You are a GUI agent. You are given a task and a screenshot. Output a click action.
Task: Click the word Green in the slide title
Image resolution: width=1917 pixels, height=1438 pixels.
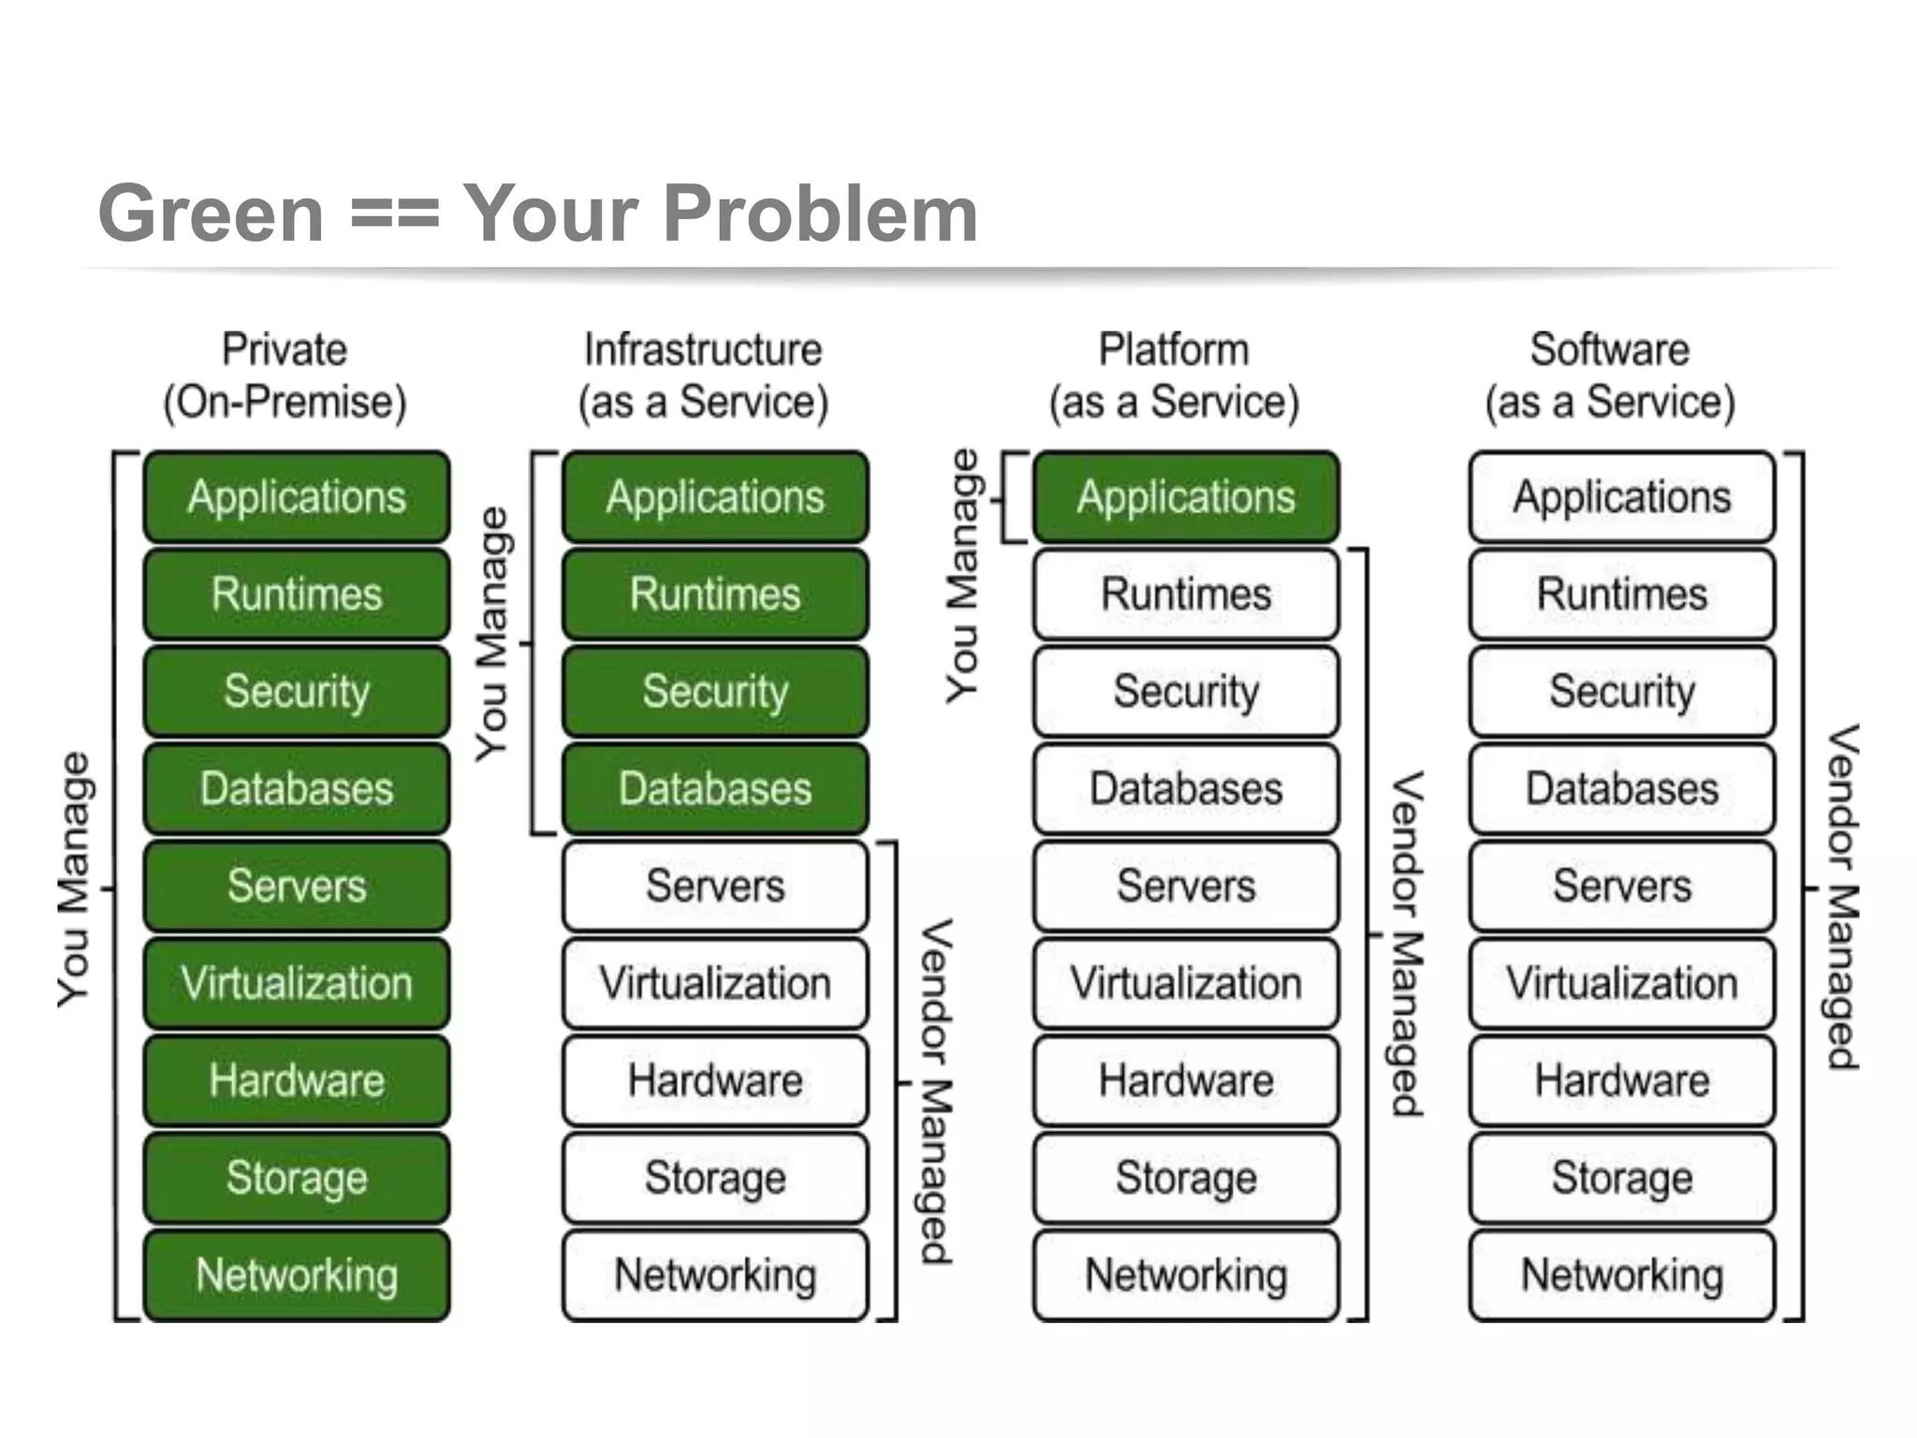[212, 214]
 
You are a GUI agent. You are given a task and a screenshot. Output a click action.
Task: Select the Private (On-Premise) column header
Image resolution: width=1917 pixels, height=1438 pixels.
[285, 375]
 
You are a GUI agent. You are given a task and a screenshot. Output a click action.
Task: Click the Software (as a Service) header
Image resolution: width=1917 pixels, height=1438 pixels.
[1610, 375]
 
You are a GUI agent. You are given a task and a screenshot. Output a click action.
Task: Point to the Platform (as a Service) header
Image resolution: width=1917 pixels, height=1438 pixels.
[1174, 375]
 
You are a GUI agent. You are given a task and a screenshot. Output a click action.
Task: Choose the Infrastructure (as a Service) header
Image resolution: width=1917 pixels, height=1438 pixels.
[703, 375]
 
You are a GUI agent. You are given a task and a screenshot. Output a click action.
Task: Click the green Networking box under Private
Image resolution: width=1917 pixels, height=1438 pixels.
[297, 1275]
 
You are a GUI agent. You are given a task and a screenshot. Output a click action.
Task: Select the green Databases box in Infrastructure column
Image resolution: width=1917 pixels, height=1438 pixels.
[715, 788]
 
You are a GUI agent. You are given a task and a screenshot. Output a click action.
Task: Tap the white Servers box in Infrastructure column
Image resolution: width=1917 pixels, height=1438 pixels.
[715, 886]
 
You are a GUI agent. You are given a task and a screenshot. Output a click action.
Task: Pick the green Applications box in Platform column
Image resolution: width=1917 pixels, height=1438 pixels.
[1186, 497]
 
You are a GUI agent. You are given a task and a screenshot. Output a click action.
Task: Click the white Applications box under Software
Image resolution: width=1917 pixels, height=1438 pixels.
[1622, 497]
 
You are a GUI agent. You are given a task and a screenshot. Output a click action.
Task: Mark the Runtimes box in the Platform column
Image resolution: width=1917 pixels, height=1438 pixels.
[1186, 594]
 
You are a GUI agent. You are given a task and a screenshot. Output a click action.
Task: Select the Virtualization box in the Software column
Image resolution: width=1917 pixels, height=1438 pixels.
[1622, 983]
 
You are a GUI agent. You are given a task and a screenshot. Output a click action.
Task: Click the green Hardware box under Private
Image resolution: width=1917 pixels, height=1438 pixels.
[297, 1080]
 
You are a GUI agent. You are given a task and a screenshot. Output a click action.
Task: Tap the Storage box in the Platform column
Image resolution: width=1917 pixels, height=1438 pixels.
[1186, 1178]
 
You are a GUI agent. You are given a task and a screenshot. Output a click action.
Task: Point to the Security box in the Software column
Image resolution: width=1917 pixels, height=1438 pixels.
[1622, 692]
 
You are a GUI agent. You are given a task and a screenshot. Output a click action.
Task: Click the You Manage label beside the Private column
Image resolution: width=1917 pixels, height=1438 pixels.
[74, 880]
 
